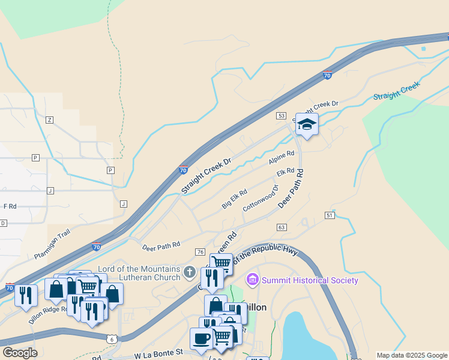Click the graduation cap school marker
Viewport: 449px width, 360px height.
point(307,124)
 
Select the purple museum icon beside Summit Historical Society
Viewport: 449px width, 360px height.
point(253,280)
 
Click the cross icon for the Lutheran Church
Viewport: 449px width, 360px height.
point(190,273)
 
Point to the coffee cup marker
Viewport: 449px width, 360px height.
point(201,338)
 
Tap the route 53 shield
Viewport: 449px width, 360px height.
point(281,115)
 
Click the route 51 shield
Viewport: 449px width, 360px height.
point(330,215)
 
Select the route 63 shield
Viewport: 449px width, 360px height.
point(282,227)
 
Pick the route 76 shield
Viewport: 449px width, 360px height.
point(200,251)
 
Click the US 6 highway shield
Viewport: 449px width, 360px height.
point(112,339)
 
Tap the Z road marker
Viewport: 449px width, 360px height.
point(49,120)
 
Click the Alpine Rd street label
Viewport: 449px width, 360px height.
point(282,158)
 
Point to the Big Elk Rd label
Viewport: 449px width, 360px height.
point(235,199)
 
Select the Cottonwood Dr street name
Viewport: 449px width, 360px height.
point(261,198)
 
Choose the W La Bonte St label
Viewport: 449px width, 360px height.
point(158,355)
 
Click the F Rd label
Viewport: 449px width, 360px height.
point(10,206)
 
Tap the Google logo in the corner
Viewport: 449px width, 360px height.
point(19,353)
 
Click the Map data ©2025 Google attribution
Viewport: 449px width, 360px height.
point(411,355)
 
